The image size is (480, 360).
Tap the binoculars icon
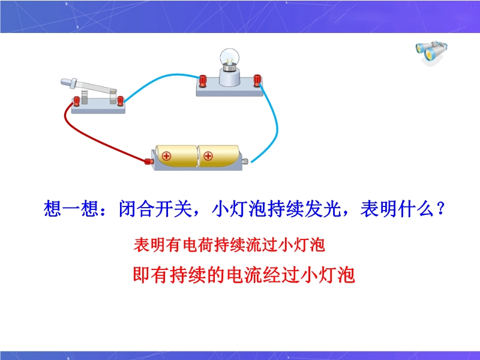431,52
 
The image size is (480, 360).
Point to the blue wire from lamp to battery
275,122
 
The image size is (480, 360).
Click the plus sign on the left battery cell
166,157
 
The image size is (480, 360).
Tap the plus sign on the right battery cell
208,156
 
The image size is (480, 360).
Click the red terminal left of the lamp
203,81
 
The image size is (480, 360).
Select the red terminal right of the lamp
257,80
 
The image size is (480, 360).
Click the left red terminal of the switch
77,101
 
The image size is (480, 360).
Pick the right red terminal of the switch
121,101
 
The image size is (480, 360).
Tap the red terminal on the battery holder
149,161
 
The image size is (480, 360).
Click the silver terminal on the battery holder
245,161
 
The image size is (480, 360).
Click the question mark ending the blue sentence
441,208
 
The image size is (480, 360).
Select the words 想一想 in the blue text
71,209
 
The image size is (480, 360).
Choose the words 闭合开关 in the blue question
155,209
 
